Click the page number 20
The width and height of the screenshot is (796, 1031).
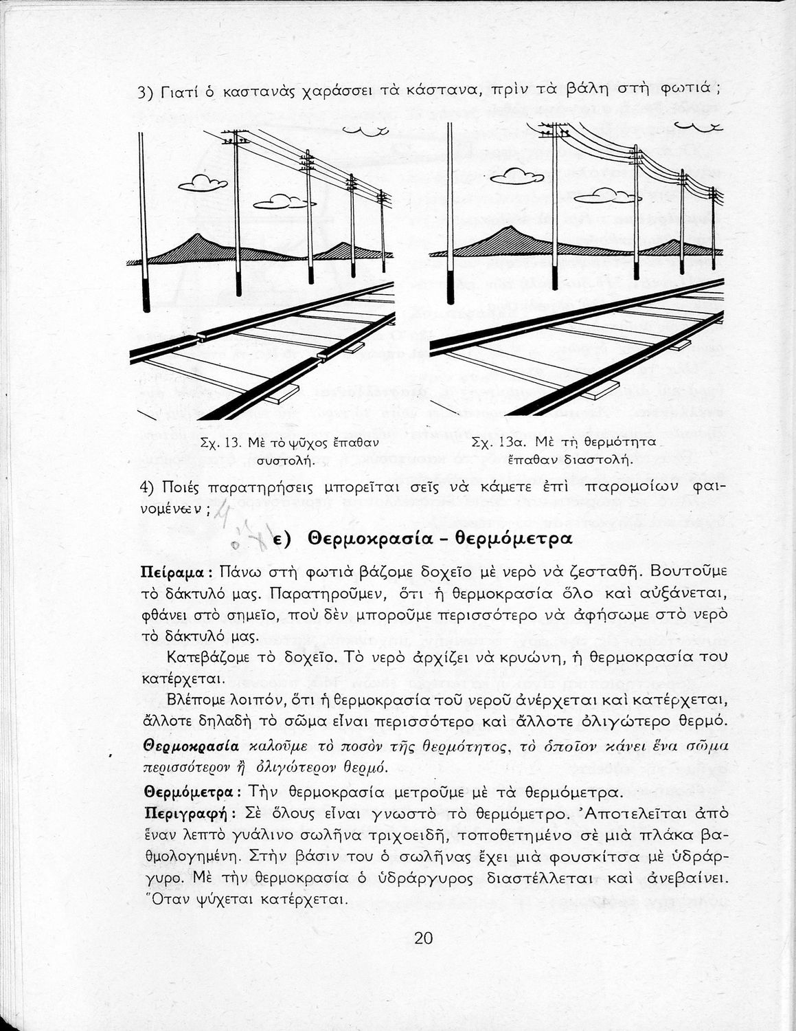point(423,938)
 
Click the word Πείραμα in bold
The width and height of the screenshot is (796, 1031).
point(170,572)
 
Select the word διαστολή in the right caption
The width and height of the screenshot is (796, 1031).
point(604,460)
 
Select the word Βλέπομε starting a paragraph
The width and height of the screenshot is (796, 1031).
point(196,701)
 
